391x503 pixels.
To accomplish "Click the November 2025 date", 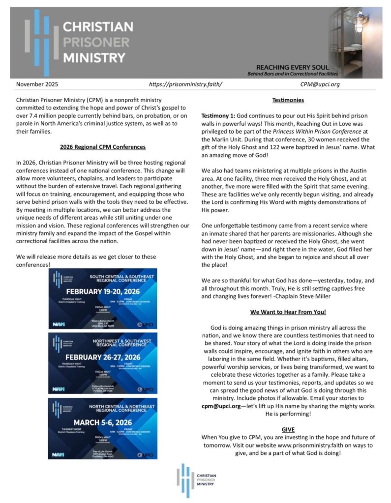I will point(37,84).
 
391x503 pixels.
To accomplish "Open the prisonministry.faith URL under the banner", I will point(185,84).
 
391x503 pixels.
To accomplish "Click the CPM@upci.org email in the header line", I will point(320,84).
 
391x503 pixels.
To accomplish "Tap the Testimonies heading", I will point(288,101).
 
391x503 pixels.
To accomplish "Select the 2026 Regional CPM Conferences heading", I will point(103,147).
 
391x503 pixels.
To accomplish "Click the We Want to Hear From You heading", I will point(288,312).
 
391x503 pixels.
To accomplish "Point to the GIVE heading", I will point(288,429).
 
